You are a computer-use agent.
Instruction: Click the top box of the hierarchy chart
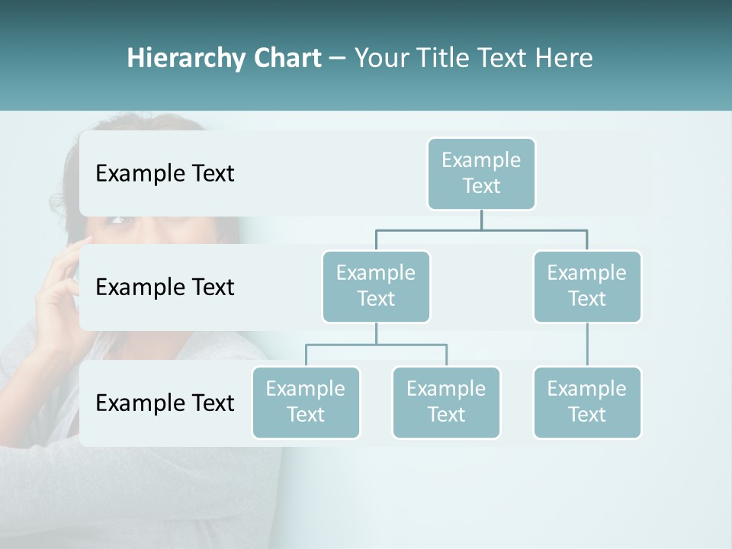pos(481,173)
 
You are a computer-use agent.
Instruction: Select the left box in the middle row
pos(376,286)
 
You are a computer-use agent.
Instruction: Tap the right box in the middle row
pos(587,286)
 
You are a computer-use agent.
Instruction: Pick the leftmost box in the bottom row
pos(306,402)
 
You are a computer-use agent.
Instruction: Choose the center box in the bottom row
pos(446,402)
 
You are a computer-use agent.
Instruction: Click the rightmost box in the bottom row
pos(587,402)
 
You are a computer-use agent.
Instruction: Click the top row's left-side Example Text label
pos(165,174)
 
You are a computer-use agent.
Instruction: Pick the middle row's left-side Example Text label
pos(165,287)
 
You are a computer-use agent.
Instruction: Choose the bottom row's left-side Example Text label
pos(165,403)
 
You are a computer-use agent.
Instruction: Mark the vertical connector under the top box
pos(481,220)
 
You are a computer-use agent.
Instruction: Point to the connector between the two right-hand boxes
pos(587,345)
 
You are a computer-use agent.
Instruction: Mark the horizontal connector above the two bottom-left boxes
pos(376,345)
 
